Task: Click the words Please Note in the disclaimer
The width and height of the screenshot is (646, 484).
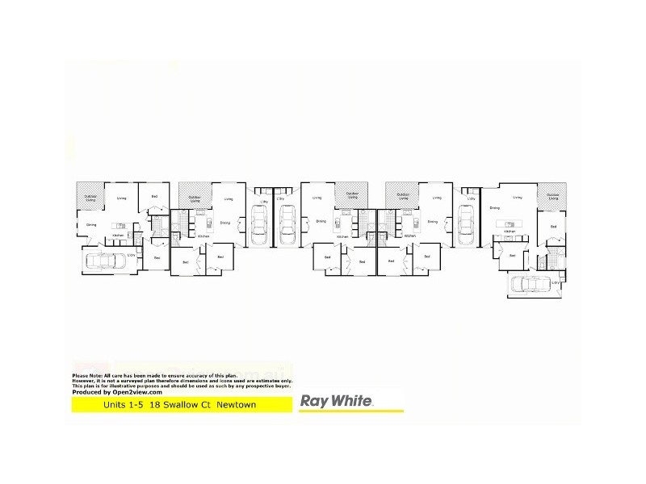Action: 86,376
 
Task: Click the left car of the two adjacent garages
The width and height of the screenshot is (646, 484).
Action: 259,224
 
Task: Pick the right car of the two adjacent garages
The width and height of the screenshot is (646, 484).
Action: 287,224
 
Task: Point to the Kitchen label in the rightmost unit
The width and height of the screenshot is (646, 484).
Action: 510,231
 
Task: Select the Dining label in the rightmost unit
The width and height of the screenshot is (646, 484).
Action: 494,207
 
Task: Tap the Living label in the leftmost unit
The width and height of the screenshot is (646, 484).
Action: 121,198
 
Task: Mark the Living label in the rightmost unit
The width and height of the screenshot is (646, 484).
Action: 517,196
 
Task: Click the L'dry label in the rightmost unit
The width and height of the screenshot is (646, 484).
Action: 555,283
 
